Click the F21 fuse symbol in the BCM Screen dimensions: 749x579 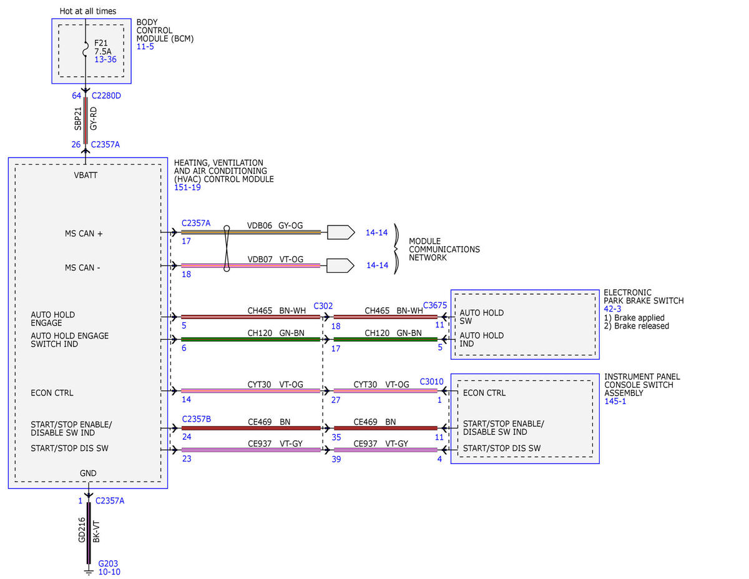(86, 49)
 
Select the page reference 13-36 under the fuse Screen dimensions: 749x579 (105, 59)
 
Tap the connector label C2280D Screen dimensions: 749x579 (106, 96)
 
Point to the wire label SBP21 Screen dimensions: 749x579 (78, 119)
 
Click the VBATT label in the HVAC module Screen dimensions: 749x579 (86, 175)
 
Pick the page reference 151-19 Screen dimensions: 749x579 (187, 187)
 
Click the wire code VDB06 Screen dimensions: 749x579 (259, 225)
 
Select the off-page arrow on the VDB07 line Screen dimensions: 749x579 (340, 265)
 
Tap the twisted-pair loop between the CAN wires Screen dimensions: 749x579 (227, 249)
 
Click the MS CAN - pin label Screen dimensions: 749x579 (82, 267)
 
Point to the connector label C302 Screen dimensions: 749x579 (323, 306)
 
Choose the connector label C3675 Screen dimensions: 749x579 (434, 305)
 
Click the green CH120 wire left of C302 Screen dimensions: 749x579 (250, 339)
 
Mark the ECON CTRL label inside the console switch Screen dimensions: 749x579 (484, 393)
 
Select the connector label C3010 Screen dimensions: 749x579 (431, 382)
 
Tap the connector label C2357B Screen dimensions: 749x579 (196, 419)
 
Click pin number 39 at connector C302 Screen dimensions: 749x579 (336, 459)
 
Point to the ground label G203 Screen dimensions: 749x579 (108, 563)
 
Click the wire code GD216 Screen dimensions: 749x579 (82, 530)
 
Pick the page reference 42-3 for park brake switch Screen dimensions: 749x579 (612, 309)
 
